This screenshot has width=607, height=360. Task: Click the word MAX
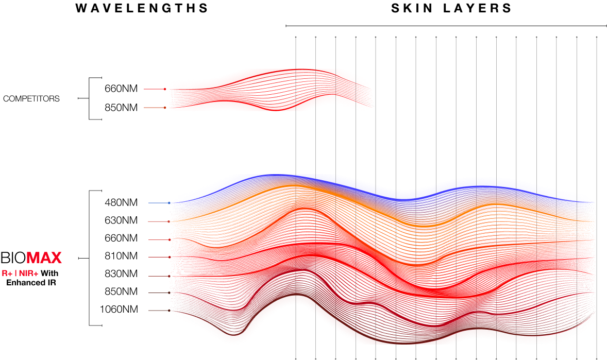click(x=44, y=258)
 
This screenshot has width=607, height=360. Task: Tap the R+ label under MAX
click(x=7, y=273)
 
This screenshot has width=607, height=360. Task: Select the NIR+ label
click(x=28, y=273)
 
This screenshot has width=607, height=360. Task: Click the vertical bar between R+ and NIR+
click(x=15, y=273)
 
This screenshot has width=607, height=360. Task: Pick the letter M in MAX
click(x=32, y=258)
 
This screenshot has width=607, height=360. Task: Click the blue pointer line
click(x=159, y=203)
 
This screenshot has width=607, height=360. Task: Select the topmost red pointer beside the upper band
click(x=155, y=89)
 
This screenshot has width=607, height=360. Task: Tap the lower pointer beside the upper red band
click(x=155, y=108)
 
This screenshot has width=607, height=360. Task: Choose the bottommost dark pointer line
click(x=159, y=311)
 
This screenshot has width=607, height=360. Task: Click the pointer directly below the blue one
click(x=159, y=221)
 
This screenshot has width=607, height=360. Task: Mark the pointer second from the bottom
click(x=159, y=293)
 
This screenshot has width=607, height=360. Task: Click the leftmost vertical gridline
click(x=296, y=155)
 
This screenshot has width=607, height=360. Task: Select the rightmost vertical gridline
click(x=597, y=155)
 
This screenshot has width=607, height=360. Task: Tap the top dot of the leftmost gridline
click(x=296, y=37)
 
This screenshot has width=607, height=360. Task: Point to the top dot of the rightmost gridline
click(x=597, y=37)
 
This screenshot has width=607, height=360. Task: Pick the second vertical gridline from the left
click(x=315, y=155)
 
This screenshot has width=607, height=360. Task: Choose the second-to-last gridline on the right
click(x=577, y=155)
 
